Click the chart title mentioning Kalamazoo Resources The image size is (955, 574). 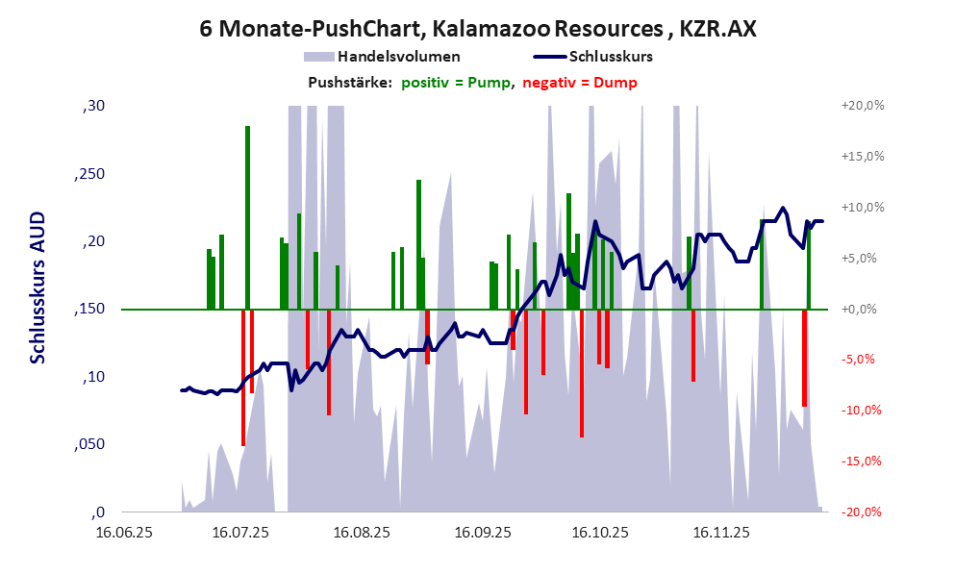(477, 29)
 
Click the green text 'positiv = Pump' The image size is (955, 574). (456, 83)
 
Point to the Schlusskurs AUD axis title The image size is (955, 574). (38, 288)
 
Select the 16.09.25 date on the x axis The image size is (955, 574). (482, 531)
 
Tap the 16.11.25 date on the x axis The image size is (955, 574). (722, 531)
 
